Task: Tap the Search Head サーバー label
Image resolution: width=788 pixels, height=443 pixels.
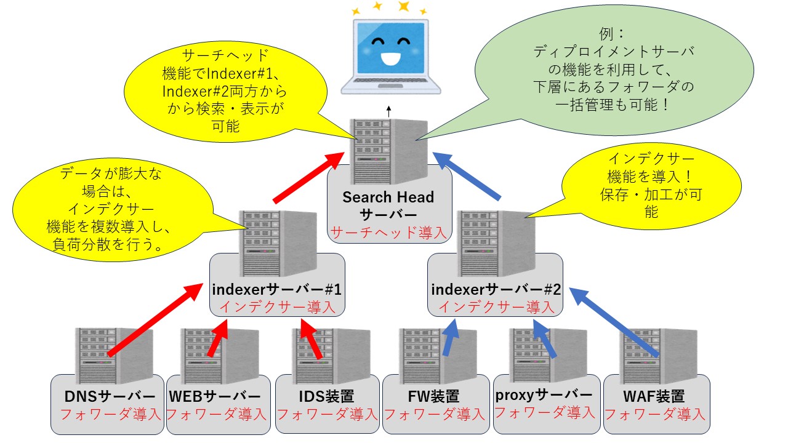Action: pyautogui.click(x=388, y=206)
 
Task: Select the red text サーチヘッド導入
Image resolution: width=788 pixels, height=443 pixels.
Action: pyautogui.click(x=388, y=232)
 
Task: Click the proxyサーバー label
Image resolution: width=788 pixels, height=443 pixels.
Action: pyautogui.click(x=544, y=394)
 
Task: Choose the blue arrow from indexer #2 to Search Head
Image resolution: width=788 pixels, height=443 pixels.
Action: pyautogui.click(x=468, y=175)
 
